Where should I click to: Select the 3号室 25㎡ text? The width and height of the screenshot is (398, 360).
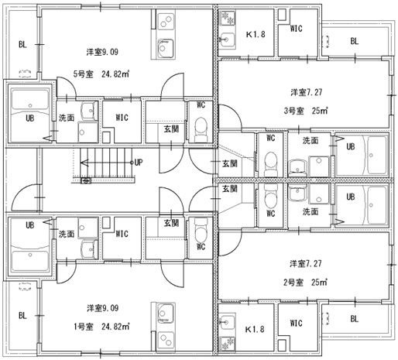click(303, 110)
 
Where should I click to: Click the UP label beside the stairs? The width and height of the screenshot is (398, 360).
click(138, 163)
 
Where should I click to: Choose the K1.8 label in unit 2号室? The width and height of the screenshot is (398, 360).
click(255, 330)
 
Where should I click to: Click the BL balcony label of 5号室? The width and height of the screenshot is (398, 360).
click(22, 45)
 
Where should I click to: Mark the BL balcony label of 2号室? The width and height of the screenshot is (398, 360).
click(354, 318)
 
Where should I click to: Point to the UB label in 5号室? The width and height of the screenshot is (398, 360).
click(29, 118)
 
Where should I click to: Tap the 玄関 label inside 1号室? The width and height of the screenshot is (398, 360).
click(170, 224)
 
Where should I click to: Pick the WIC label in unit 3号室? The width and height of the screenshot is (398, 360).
click(296, 29)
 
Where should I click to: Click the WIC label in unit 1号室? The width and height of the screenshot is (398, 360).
click(122, 232)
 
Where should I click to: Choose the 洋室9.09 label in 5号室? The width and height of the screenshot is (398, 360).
click(101, 53)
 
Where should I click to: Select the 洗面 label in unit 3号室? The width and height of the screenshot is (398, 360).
click(311, 140)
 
